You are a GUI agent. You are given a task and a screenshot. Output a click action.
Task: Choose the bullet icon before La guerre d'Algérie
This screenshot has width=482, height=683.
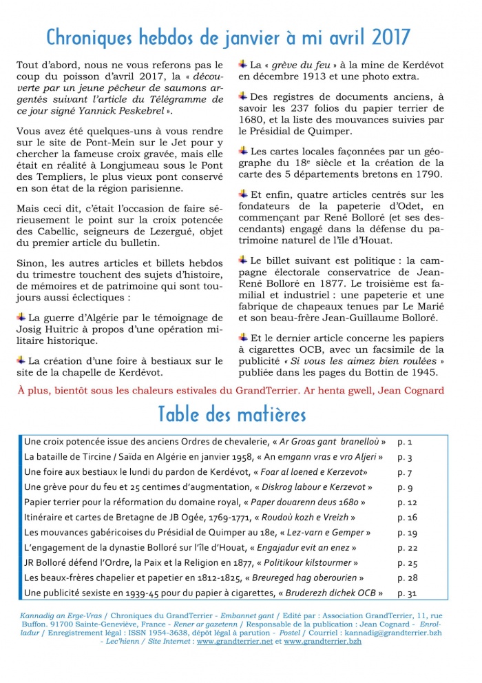pos(22,316)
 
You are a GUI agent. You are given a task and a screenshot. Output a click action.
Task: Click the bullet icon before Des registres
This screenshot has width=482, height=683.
pos(243,96)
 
